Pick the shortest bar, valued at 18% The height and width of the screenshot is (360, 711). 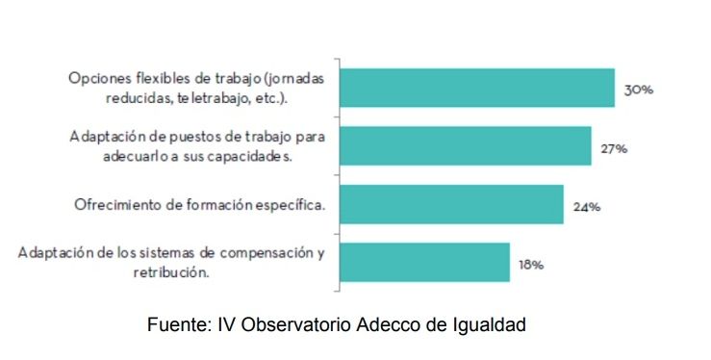click(x=425, y=262)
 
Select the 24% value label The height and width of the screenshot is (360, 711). click(x=587, y=206)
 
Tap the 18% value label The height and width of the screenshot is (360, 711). click(x=531, y=264)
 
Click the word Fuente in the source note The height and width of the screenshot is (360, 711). click(x=173, y=325)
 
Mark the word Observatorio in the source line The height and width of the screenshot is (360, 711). click(x=289, y=325)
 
